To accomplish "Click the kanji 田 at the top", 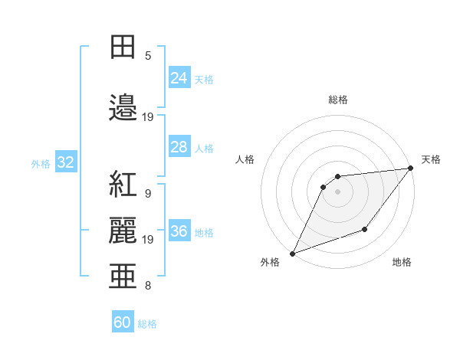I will [x=123, y=47].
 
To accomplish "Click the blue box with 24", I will [x=179, y=78].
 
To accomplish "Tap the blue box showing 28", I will [x=179, y=147].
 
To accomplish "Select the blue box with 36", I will [x=179, y=231].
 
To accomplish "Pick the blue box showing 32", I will [x=65, y=162].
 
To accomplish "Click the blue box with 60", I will [x=123, y=322].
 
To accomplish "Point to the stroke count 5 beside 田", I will [x=148, y=56].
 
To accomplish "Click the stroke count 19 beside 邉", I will [x=148, y=117].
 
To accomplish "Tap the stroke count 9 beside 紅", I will [x=148, y=194].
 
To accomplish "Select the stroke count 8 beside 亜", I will [x=148, y=286].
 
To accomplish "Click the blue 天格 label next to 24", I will [x=204, y=79].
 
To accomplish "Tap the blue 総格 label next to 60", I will [x=147, y=324].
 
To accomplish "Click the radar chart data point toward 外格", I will [x=292, y=253].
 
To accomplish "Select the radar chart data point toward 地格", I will [x=365, y=229].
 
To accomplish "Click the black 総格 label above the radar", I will [x=337, y=100].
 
